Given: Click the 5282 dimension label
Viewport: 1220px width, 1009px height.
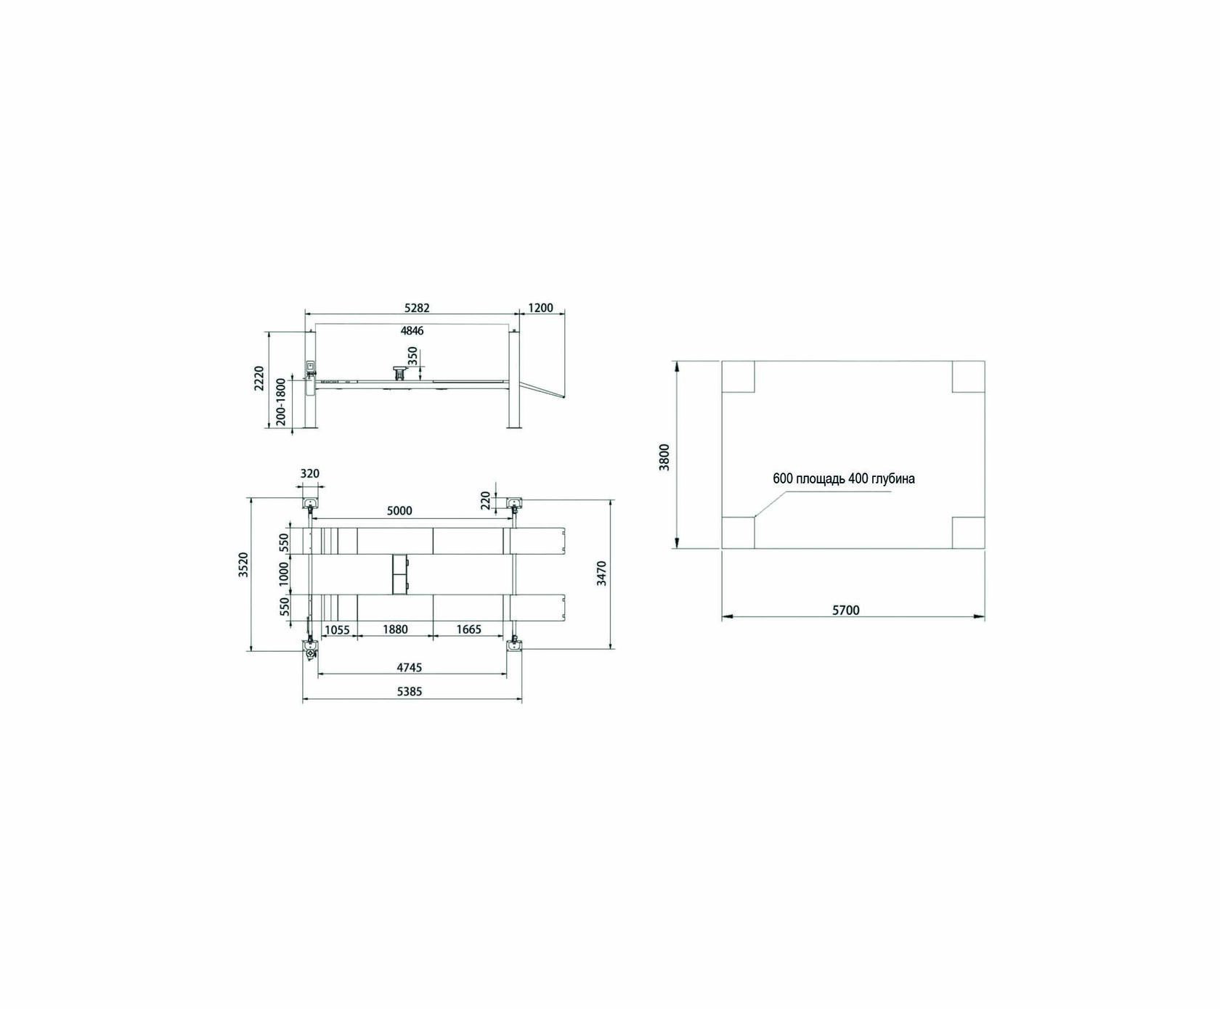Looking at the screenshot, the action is click(416, 308).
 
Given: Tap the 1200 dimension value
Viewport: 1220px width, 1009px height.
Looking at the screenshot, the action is click(540, 308).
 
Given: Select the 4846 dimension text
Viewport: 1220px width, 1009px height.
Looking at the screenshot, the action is click(412, 331).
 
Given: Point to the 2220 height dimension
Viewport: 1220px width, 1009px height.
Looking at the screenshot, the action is click(259, 379).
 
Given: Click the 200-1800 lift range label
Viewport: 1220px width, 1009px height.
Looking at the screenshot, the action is click(281, 401).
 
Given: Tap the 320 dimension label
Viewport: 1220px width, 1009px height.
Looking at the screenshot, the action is click(309, 474).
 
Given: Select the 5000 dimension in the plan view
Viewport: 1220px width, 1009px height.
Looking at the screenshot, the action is click(399, 511).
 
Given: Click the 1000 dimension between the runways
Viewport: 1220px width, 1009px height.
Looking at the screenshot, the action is click(284, 573).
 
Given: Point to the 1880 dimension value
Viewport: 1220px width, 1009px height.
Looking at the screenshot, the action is click(395, 629).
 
